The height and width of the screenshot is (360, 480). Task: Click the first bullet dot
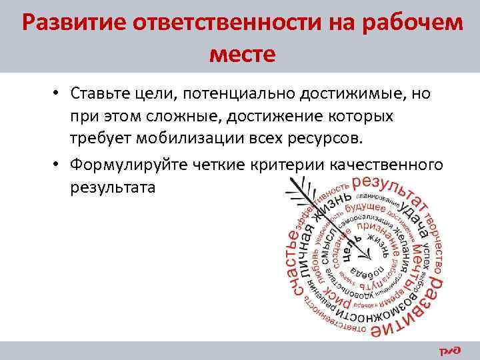59,94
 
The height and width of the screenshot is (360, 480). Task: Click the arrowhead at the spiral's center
368,256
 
